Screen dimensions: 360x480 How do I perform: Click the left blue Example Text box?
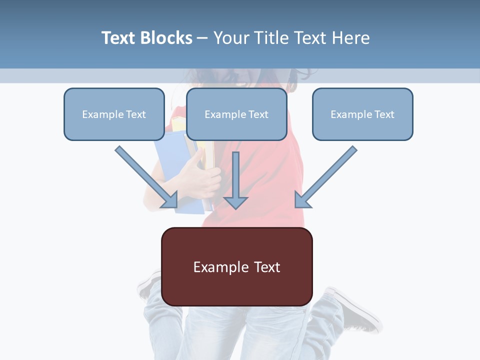pyautogui.click(x=114, y=114)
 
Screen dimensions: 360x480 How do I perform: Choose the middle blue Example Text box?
pyautogui.click(x=236, y=114)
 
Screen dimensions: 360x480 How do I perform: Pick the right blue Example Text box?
pyautogui.click(x=362, y=114)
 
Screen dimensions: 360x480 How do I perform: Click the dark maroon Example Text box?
pyautogui.click(x=236, y=266)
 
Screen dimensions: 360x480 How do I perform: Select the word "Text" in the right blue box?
pyautogui.click(x=384, y=114)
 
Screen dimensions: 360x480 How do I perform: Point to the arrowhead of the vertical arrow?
pyautogui.click(x=235, y=202)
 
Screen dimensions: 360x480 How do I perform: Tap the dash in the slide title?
pyautogui.click(x=202, y=38)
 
